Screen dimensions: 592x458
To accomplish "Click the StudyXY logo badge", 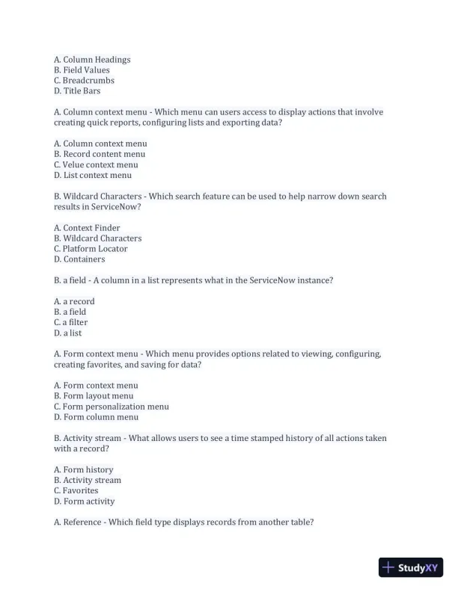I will (411, 567).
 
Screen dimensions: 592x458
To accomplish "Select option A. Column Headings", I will (92, 60).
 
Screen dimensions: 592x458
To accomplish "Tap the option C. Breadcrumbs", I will (84, 81).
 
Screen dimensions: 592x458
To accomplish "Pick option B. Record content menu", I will (100, 154).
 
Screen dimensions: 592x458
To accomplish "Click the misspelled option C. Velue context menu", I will (96, 164).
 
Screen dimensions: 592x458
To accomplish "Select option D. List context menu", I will (93, 175).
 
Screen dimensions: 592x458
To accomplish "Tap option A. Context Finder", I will (87, 228).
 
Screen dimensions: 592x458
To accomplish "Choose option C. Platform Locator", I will (91, 249).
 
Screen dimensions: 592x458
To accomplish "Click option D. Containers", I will (79, 259).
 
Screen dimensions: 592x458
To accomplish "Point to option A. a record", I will (74, 301).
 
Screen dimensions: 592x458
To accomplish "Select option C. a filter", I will (70, 322).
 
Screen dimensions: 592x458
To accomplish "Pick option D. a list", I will (68, 333).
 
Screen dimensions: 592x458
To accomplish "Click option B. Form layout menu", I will (94, 396).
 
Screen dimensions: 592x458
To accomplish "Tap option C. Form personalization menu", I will (112, 407).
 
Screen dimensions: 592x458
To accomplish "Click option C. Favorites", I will (76, 491).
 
